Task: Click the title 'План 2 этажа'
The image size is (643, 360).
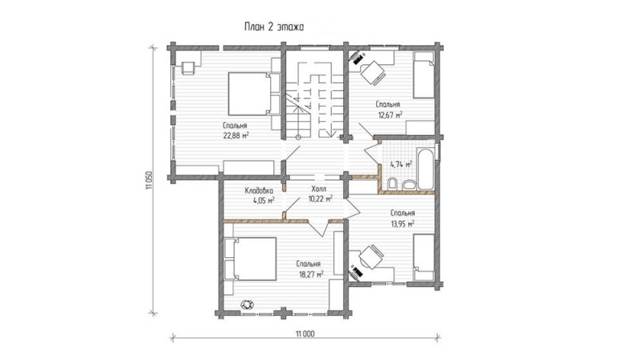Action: click(x=274, y=27)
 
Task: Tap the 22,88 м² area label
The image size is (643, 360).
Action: click(x=235, y=135)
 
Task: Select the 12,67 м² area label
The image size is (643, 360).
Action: click(x=390, y=115)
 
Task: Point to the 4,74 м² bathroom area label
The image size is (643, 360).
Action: click(x=400, y=165)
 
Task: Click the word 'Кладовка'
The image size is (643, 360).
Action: click(x=259, y=190)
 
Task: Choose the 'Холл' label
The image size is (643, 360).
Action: click(x=318, y=189)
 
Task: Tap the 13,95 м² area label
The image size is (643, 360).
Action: click(x=402, y=223)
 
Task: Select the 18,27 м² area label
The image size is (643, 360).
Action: click(x=311, y=274)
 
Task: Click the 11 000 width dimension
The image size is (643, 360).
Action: click(x=305, y=333)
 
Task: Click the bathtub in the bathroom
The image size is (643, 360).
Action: click(x=425, y=169)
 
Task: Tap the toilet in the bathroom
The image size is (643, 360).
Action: click(x=392, y=185)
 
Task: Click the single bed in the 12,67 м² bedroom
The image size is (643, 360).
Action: click(x=424, y=75)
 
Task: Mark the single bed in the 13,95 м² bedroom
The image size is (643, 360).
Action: click(x=424, y=257)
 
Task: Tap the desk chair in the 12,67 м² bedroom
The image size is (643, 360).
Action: click(x=373, y=73)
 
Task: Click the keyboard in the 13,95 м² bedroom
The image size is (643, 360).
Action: click(x=356, y=272)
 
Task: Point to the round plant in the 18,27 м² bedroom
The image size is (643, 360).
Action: click(x=248, y=305)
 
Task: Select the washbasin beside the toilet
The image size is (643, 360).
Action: click(x=408, y=185)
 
